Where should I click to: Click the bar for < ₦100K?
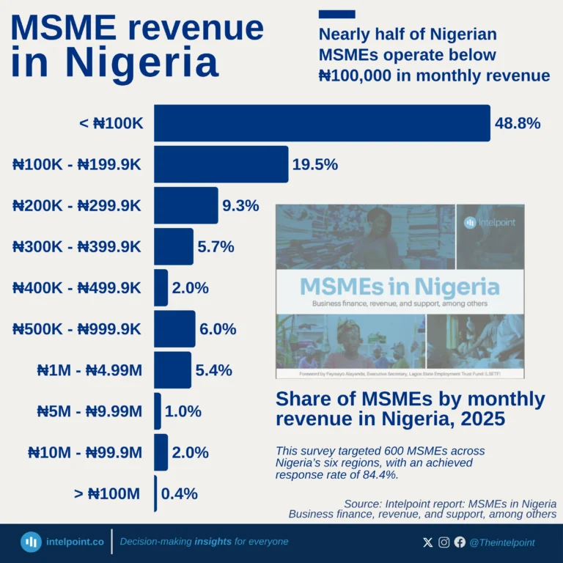[321, 123]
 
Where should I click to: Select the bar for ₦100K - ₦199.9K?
[221, 164]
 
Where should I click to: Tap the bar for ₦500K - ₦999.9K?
[174, 329]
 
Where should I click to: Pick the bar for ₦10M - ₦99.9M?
[161, 452]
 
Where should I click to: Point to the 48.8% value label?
[518, 123]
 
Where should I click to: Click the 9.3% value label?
[240, 206]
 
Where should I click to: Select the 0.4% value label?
[179, 493]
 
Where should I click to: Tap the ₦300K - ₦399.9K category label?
[76, 247]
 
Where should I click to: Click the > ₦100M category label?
[107, 493]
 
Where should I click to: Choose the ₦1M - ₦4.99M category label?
[89, 370]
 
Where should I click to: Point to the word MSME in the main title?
[63, 28]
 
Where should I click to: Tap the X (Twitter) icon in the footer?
[428, 542]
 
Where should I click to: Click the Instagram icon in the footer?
[444, 542]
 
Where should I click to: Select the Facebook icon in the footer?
[460, 542]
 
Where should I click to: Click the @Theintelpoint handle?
[502, 542]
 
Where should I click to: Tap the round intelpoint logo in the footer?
[31, 542]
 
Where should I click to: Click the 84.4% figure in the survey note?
[381, 474]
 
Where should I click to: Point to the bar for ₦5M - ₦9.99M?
[158, 411]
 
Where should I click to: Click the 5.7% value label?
[216, 247]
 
